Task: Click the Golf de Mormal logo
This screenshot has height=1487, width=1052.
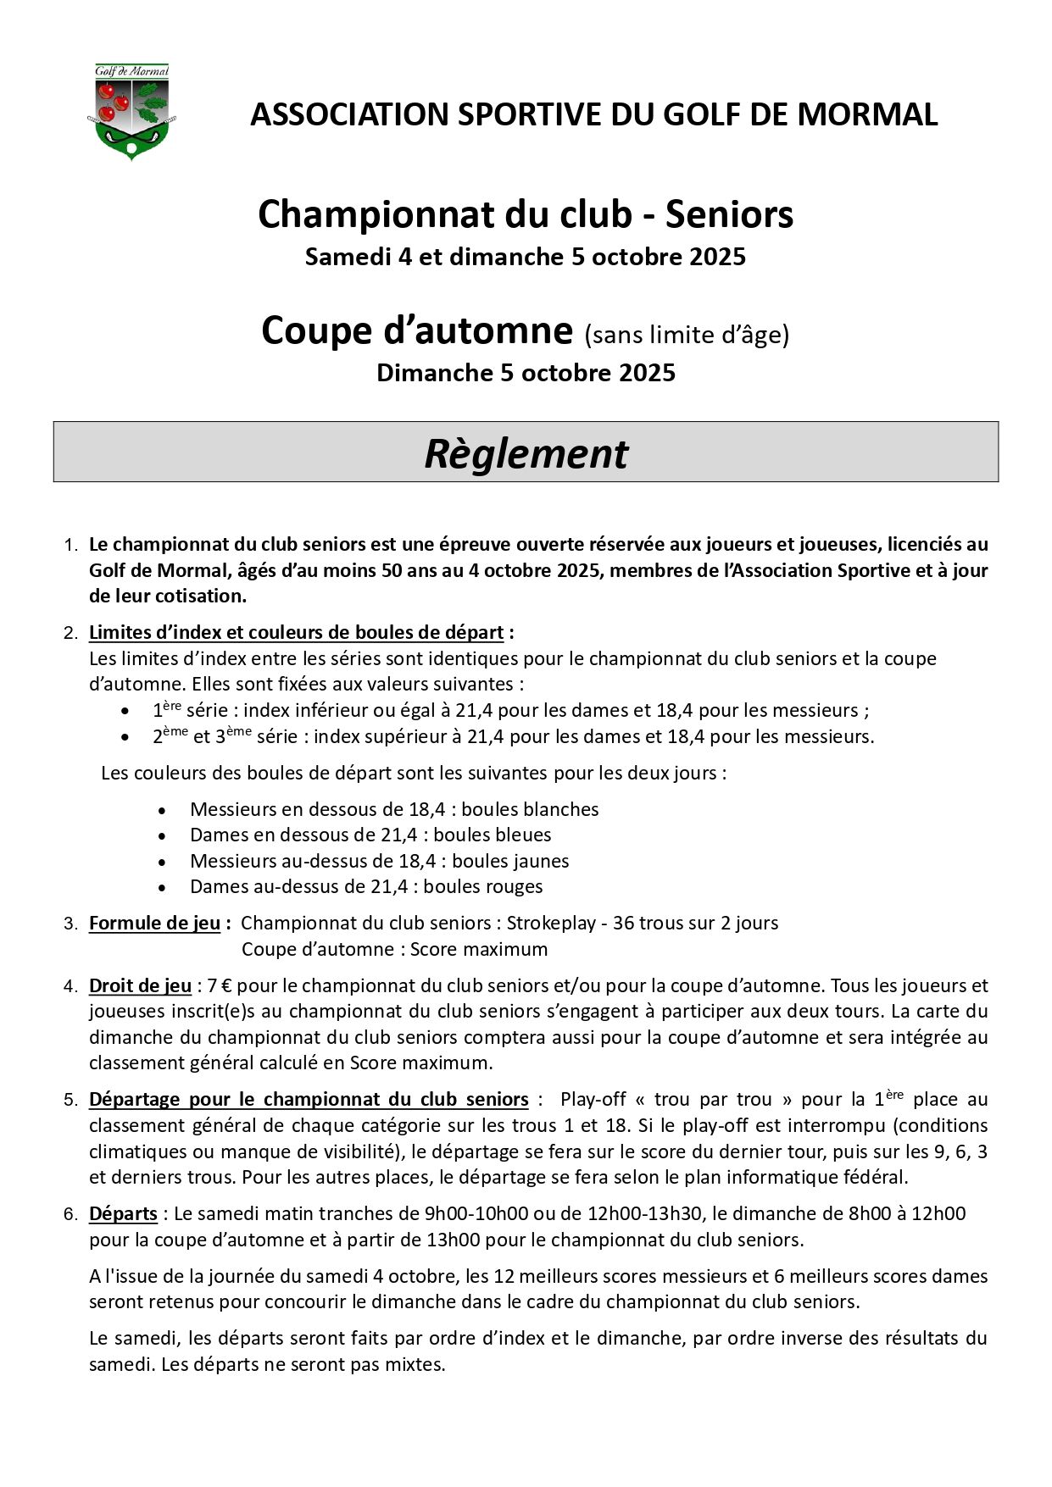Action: [131, 111]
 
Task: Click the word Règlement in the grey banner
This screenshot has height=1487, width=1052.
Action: [526, 453]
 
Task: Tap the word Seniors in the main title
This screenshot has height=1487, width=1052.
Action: [729, 214]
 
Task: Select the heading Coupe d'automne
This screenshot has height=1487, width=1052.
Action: [417, 330]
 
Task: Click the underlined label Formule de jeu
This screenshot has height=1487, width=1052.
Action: [154, 923]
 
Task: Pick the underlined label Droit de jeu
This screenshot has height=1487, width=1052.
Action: [140, 985]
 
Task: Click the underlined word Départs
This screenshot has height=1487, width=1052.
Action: [123, 1213]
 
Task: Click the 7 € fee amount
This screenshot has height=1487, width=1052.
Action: [220, 985]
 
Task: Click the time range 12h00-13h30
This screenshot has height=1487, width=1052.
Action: [643, 1213]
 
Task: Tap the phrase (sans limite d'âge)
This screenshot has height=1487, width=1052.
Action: [687, 335]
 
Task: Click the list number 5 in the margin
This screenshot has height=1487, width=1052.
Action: [70, 1100]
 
